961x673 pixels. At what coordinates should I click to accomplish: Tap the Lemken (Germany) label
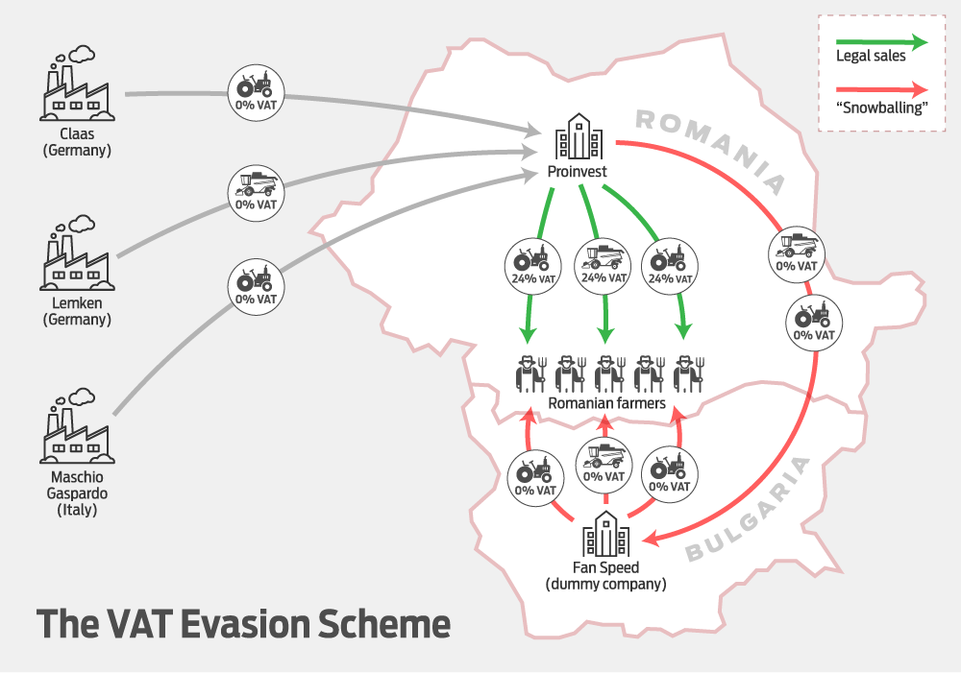77,311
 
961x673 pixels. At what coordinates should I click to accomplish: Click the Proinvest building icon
579,136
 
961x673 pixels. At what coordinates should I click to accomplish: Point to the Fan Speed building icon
605,534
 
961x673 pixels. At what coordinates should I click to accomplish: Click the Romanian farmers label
606,403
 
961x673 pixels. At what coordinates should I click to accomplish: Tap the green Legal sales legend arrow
882,42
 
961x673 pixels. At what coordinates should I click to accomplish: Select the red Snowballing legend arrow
882,89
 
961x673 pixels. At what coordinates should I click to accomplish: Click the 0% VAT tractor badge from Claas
257,92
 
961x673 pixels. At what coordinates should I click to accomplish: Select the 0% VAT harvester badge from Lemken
257,193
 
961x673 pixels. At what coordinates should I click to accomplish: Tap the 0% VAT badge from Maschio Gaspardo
257,287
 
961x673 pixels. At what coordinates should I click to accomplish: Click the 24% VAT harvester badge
604,266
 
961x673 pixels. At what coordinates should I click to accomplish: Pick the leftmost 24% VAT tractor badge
532,266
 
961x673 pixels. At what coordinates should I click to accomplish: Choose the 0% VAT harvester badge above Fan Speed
604,465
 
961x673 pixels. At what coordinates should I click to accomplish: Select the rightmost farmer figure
689,374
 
